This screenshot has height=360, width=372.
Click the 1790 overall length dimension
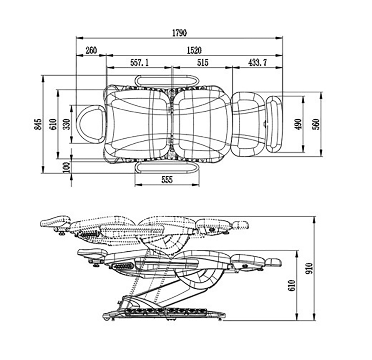coord(179,33)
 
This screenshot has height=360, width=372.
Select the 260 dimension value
coord(91,50)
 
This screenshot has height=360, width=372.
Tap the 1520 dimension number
coord(194,50)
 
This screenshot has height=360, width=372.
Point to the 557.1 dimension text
coord(139,63)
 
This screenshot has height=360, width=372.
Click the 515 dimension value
coord(203,63)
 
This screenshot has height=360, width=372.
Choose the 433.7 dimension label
coord(258,63)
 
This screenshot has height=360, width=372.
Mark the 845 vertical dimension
coord(38,124)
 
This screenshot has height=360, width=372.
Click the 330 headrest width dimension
coord(67,124)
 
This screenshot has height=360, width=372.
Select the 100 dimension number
coord(67,167)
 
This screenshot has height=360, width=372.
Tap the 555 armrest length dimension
coord(167,179)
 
